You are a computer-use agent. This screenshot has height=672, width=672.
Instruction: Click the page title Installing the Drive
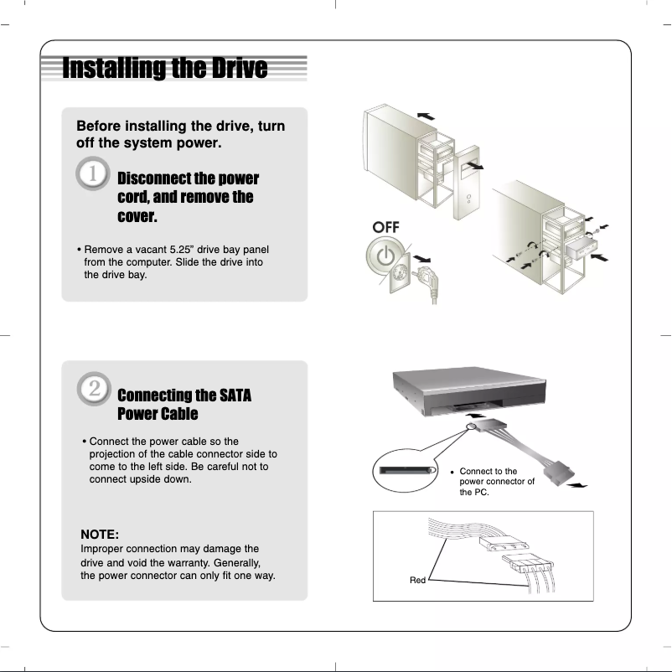165,68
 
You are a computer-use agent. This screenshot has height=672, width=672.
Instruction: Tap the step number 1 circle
92,177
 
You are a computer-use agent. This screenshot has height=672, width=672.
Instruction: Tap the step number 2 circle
95,390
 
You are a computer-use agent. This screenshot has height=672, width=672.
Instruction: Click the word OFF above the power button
386,228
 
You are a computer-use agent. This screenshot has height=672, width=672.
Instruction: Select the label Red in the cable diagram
417,580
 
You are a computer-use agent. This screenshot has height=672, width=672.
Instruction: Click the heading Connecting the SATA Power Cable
184,405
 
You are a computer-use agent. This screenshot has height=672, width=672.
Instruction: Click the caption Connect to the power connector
496,482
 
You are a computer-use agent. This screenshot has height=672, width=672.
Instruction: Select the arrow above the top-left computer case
426,116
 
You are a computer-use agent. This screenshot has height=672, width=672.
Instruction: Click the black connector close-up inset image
406,472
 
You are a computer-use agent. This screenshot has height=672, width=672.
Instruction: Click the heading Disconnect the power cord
188,198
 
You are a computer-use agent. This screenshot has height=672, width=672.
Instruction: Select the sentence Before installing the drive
180,134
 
